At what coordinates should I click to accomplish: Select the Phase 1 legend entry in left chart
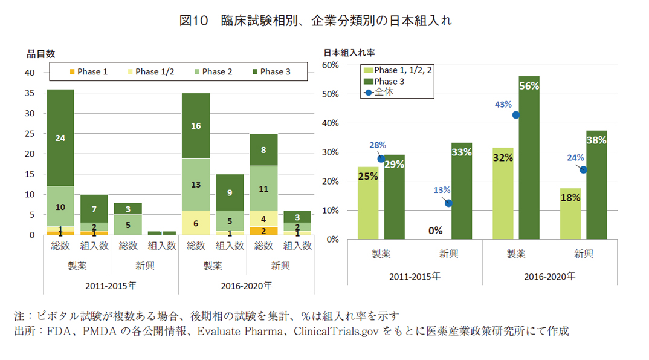[x=88, y=71]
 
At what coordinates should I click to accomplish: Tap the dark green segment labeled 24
[x=60, y=138]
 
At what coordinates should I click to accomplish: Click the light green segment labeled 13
[x=196, y=185]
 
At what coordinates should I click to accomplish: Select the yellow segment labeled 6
[x=196, y=223]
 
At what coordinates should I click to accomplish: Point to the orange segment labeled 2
[x=263, y=231]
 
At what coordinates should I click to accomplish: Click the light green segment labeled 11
[x=263, y=189]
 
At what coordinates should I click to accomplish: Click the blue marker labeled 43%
[x=516, y=115]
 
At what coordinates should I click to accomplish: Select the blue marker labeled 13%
[x=448, y=203]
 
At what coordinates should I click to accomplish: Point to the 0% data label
[x=436, y=231]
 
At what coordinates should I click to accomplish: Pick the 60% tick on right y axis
[x=333, y=65]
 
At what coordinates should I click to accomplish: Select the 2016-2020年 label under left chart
[x=246, y=285]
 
